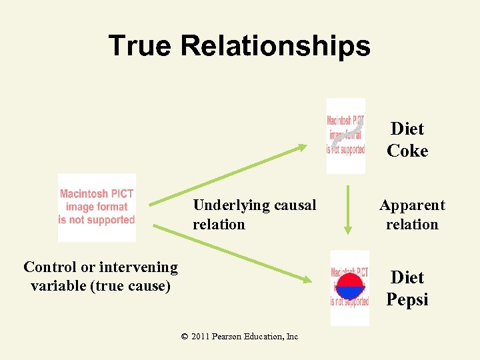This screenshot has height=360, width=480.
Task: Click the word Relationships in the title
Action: pyautogui.click(x=275, y=46)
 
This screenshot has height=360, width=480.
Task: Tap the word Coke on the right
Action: pyautogui.click(x=407, y=151)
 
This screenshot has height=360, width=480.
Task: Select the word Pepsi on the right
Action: pyautogui.click(x=407, y=299)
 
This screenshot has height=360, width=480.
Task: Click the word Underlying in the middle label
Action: pyautogui.click(x=227, y=205)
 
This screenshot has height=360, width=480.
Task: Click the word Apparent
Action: pyautogui.click(x=412, y=205)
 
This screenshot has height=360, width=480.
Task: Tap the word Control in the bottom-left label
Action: pyautogui.click(x=49, y=267)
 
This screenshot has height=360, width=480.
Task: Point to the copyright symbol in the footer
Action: pyautogui.click(x=185, y=337)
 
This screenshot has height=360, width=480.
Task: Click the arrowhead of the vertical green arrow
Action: pyautogui.click(x=347, y=229)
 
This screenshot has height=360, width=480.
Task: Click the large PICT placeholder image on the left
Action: pyautogui.click(x=97, y=207)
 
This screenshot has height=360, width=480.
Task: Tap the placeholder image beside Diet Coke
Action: pyautogui.click(x=345, y=136)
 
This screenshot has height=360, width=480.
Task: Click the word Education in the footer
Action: pyautogui.click(x=265, y=337)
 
